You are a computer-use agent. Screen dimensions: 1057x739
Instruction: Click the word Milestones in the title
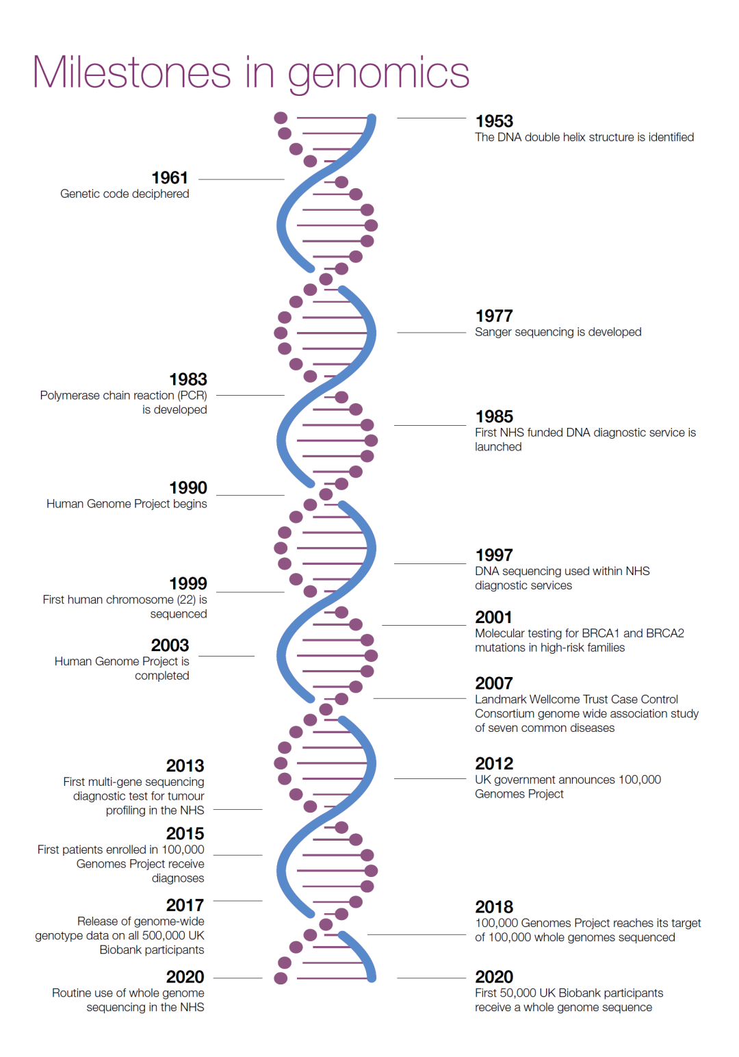(x=132, y=72)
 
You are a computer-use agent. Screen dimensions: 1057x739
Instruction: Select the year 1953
(x=494, y=121)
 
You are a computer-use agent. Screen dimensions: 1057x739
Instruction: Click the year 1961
(x=170, y=178)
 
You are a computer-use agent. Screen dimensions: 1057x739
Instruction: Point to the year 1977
(x=494, y=316)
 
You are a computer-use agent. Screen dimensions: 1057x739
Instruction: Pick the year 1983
(x=188, y=379)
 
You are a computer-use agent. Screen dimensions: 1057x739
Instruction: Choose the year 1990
(x=188, y=487)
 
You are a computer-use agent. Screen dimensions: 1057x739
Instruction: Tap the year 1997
(x=494, y=555)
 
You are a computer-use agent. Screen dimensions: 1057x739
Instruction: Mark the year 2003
(x=170, y=645)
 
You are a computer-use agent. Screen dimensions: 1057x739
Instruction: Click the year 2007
(x=494, y=683)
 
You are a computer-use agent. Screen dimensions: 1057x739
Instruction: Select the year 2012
(x=494, y=763)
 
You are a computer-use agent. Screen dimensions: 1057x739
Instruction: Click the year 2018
(x=494, y=907)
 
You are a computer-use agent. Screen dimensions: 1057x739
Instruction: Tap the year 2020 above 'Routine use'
(x=185, y=977)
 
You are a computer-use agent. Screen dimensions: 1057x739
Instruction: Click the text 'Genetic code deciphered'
(x=125, y=194)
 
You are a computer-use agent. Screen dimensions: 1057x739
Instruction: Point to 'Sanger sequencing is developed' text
(x=558, y=332)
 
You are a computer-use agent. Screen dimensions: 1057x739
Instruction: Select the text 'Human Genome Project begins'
(x=127, y=504)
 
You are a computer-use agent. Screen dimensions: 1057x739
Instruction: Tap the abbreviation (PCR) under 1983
(x=192, y=396)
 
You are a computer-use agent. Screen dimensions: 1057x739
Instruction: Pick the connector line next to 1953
(x=431, y=118)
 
